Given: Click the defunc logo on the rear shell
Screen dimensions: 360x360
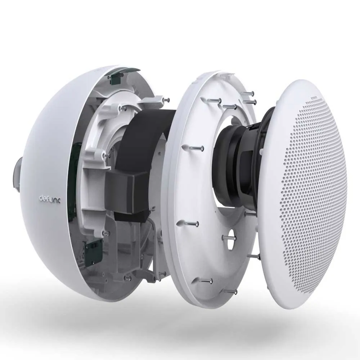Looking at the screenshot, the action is click(x=50, y=198).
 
